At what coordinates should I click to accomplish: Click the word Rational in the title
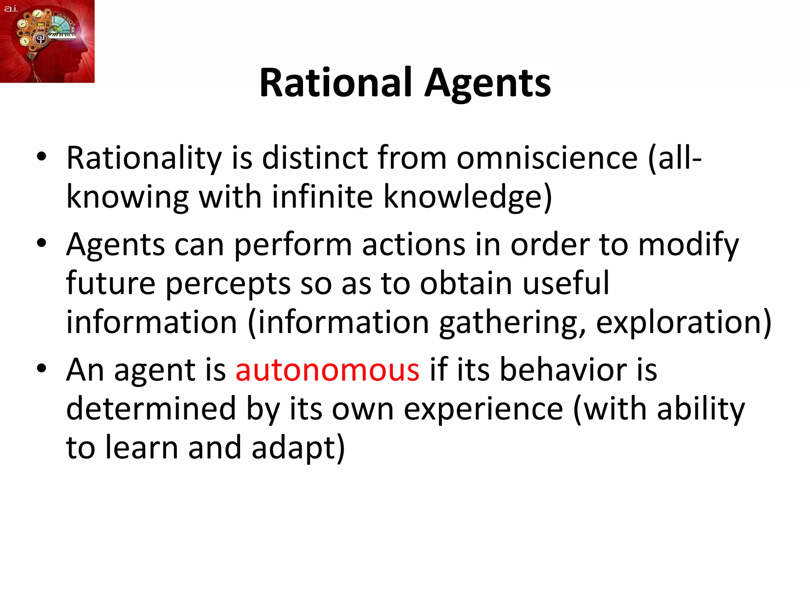click(x=336, y=83)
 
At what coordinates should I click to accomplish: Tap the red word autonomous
click(x=327, y=370)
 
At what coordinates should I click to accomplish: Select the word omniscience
click(x=547, y=158)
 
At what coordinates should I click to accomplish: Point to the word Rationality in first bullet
click(x=144, y=159)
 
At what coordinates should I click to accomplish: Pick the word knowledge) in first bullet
click(x=467, y=198)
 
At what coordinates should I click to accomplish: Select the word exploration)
click(x=683, y=323)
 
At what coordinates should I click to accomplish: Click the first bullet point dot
click(x=42, y=157)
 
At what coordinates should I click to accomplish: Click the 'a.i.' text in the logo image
click(x=11, y=8)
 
